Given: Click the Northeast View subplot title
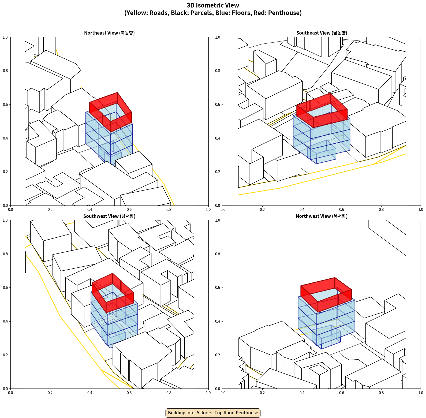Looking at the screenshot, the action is pyautogui.click(x=109, y=33).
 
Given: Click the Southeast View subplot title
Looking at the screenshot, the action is pyautogui.click(x=322, y=33).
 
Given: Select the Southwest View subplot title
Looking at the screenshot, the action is pyautogui.click(x=109, y=216).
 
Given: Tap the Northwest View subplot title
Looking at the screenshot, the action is pyautogui.click(x=322, y=216).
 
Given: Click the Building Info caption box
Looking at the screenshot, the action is pyautogui.click(x=213, y=413).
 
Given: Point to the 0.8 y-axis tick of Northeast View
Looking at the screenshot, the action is pyautogui.click(x=5, y=71).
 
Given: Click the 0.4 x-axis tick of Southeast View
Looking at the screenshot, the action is pyautogui.click(x=302, y=210).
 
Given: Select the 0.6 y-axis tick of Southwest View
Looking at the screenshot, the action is pyautogui.click(x=5, y=288).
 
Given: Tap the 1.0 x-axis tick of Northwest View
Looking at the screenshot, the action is pyautogui.click(x=421, y=393).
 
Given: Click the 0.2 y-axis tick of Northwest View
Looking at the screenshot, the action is pyautogui.click(x=218, y=355).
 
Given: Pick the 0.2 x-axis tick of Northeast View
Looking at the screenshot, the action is pyautogui.click(x=50, y=210).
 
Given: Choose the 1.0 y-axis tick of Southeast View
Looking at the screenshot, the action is pyautogui.click(x=218, y=37).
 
